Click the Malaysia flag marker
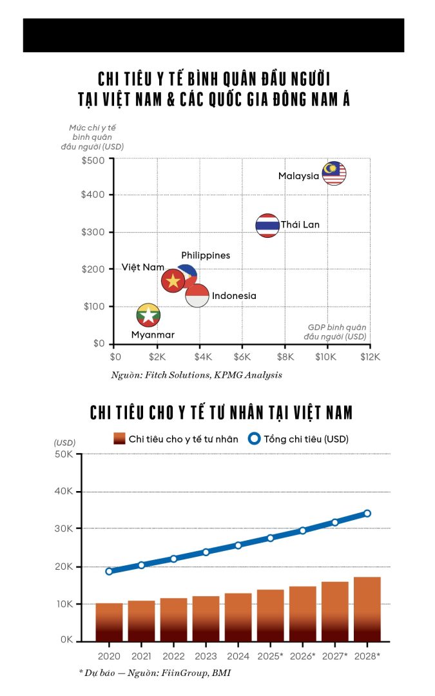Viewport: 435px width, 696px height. tap(334, 173)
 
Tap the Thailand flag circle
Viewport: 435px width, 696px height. tap(267, 226)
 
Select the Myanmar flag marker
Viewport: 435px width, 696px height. tap(149, 315)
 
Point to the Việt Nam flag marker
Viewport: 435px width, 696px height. tap(173, 281)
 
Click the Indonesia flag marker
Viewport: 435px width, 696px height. tap(197, 296)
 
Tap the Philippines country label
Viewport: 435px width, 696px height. tap(206, 256)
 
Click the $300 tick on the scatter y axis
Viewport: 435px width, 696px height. tap(93, 232)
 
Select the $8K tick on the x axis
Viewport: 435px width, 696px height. tap(285, 356)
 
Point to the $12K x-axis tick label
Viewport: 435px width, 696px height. tap(370, 356)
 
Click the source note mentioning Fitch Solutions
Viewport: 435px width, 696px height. tap(197, 374)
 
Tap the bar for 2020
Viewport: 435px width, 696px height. tap(109, 622)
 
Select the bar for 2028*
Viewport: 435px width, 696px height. tap(367, 609)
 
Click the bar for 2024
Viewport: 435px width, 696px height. tap(238, 617)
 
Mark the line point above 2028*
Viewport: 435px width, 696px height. tap(367, 514)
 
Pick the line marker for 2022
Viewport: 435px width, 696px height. tap(173, 559)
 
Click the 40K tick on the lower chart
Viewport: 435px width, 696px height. tap(65, 492)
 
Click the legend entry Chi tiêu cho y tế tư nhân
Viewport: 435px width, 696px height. tap(176, 439)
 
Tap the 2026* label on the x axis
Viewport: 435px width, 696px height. tap(302, 655)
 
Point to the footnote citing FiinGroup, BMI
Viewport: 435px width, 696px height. tap(155, 673)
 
